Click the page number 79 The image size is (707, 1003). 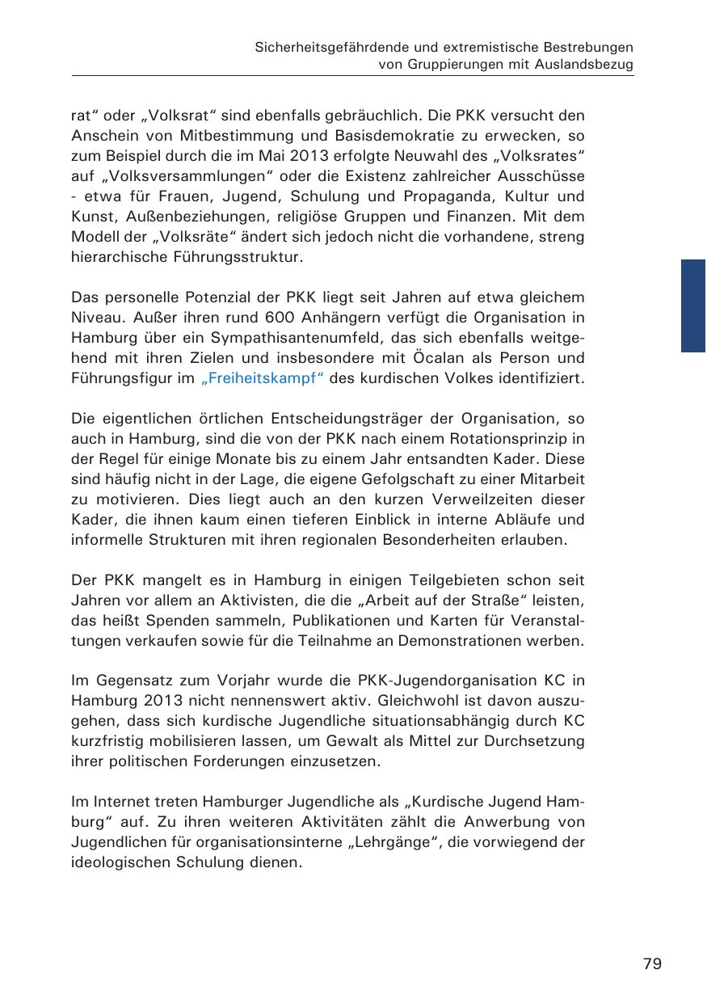pos(652,963)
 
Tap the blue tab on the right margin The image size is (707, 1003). pos(693,306)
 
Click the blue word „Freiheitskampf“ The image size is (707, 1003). pos(262,379)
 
